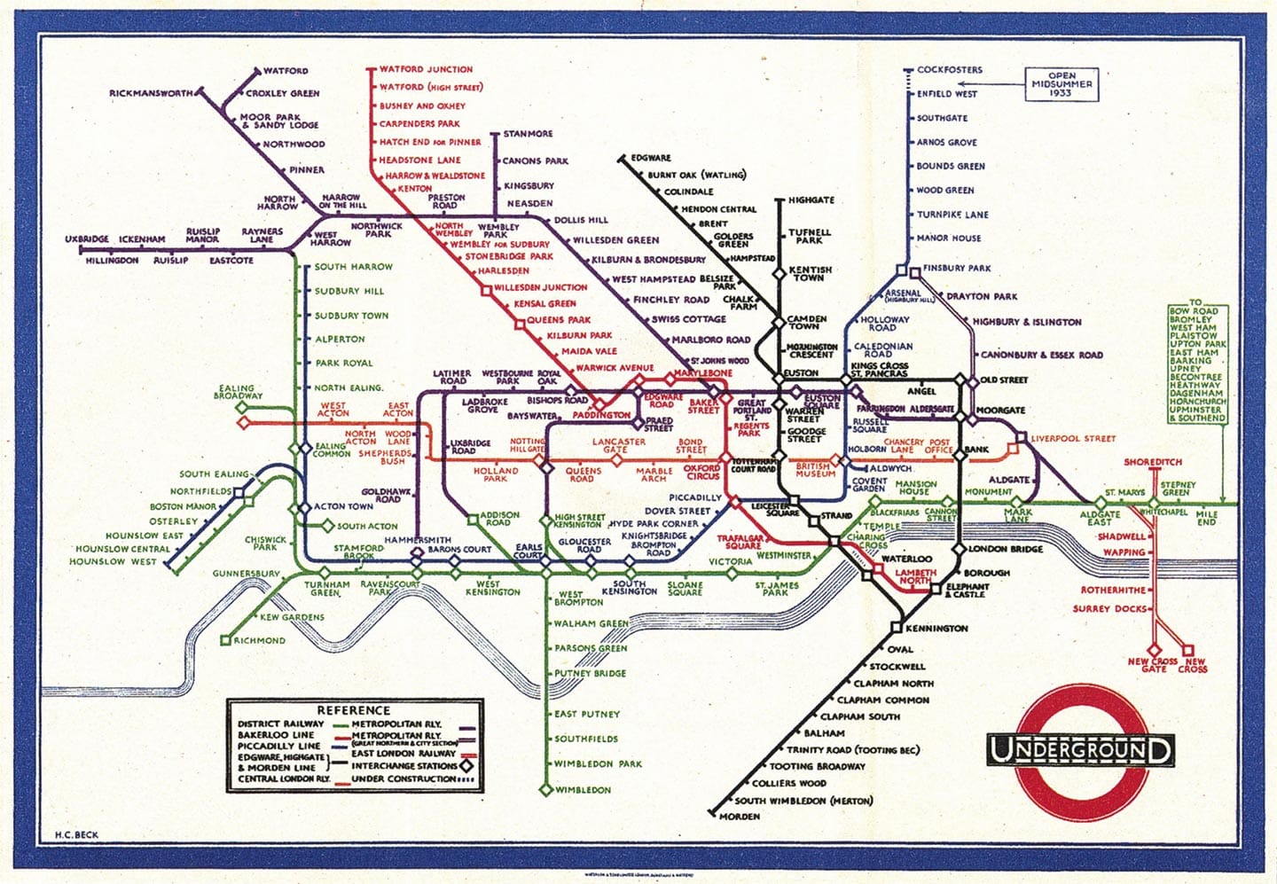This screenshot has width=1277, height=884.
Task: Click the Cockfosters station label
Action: coord(949,69)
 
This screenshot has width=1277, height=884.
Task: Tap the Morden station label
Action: coord(739,816)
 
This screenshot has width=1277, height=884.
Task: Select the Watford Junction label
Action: coord(426,69)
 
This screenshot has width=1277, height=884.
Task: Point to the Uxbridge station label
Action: coord(87,239)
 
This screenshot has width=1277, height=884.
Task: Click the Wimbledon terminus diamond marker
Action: coord(546,789)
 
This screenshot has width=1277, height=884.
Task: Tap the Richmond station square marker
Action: coord(225,639)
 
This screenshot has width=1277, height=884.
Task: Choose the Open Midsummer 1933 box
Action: coord(1061,84)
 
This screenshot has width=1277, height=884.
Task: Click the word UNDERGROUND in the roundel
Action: coord(1080,750)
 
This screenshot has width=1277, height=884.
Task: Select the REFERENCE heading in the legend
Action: coord(354,710)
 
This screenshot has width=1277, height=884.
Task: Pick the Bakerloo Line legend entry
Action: coord(275,735)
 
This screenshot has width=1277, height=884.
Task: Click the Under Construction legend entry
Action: coord(403,778)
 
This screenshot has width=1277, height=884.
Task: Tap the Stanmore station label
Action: coord(528,134)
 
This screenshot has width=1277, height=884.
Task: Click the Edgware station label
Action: coord(651,158)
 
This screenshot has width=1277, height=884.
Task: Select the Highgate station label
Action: coord(811,200)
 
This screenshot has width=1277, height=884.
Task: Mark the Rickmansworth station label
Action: coord(151,93)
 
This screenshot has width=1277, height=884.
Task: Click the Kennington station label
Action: coord(936,628)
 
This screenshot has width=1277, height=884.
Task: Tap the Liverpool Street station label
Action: coord(1073,438)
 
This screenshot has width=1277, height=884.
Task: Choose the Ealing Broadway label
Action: coord(238,392)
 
